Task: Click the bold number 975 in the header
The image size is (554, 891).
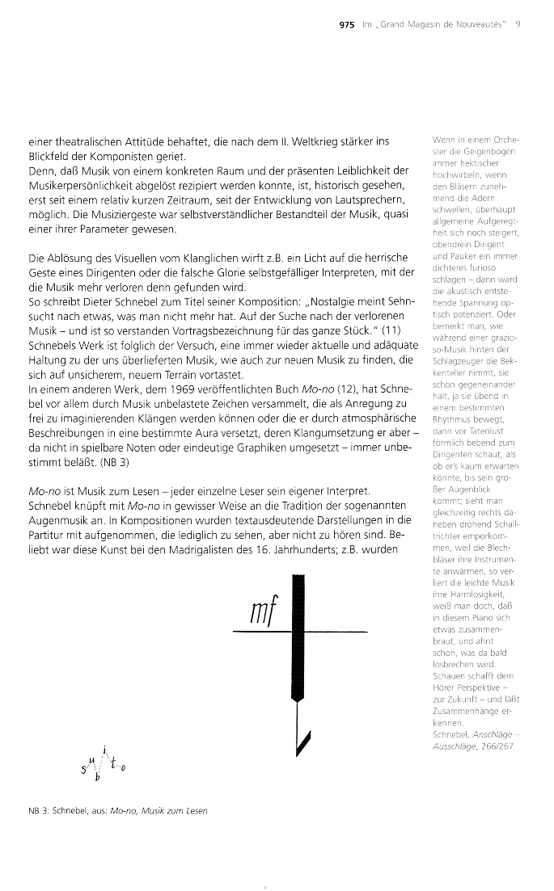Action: tap(347, 24)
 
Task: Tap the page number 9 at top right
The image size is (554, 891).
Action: tap(517, 24)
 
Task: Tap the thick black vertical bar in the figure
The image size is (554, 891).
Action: tap(298, 630)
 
